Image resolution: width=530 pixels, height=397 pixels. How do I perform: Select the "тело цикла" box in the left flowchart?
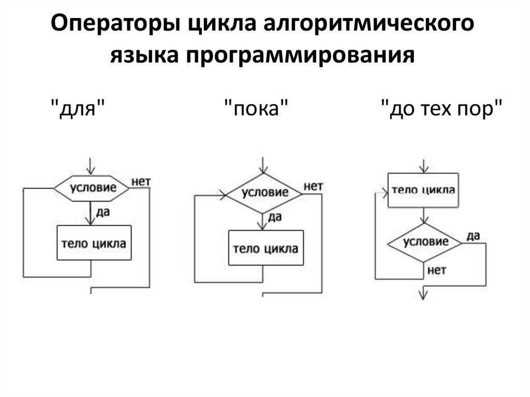[x=94, y=243]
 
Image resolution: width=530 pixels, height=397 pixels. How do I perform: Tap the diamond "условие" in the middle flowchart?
[x=264, y=193]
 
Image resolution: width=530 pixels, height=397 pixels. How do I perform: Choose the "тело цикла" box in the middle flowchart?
[x=266, y=248]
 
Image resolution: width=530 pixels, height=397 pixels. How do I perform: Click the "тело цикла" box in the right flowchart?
[x=423, y=190]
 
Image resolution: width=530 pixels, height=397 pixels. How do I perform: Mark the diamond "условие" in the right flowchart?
[x=425, y=242]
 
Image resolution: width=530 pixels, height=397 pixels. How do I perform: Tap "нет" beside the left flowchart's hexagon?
[x=141, y=181]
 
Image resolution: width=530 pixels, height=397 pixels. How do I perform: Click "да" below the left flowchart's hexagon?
[x=102, y=212]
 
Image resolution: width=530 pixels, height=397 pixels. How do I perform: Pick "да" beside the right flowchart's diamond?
[x=473, y=236]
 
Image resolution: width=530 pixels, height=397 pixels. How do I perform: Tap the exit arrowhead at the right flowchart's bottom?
[x=424, y=294]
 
